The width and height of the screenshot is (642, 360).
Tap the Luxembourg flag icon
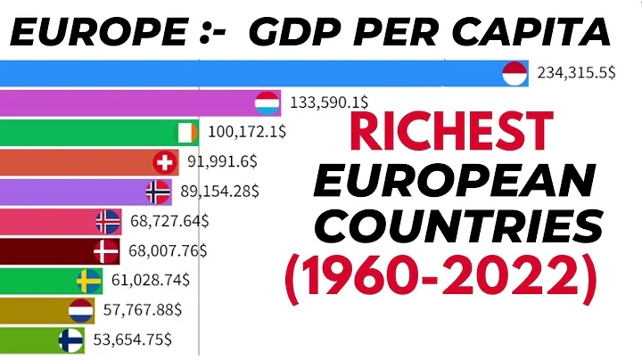click(x=267, y=103)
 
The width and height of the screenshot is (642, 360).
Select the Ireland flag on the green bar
click(x=185, y=133)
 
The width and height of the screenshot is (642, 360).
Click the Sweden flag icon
click(x=87, y=281)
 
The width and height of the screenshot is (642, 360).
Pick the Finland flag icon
click(x=70, y=340)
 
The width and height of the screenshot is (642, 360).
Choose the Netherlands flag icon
click(x=81, y=310)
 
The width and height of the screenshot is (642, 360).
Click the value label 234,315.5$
click(x=575, y=74)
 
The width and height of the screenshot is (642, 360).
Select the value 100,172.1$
click(x=248, y=133)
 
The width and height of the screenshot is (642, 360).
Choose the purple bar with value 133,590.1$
click(x=134, y=103)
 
